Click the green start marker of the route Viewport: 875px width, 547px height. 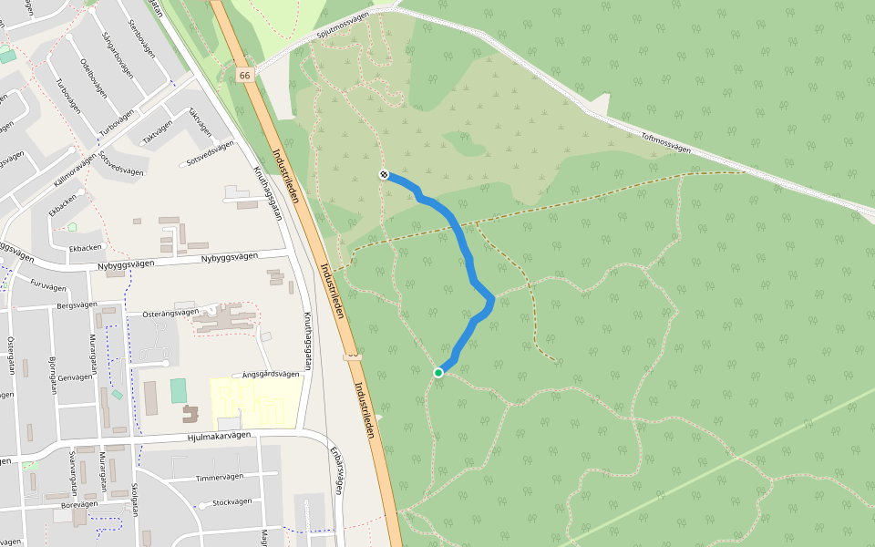[x=438, y=372]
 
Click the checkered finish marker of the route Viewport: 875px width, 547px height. [x=385, y=174]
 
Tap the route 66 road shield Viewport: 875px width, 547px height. [x=243, y=75]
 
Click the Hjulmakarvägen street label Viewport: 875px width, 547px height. [x=219, y=437]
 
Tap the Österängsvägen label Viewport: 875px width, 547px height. [x=170, y=313]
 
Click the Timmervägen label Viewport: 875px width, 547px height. [x=220, y=477]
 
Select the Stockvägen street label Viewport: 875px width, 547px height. [x=231, y=502]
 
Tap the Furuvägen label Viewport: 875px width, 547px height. [x=48, y=285]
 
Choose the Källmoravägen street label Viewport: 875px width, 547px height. [x=75, y=170]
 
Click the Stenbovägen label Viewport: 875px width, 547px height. [x=144, y=36]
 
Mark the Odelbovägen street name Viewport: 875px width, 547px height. [x=93, y=78]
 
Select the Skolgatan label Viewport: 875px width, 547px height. [x=135, y=499]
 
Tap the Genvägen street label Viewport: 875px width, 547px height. [x=75, y=376]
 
